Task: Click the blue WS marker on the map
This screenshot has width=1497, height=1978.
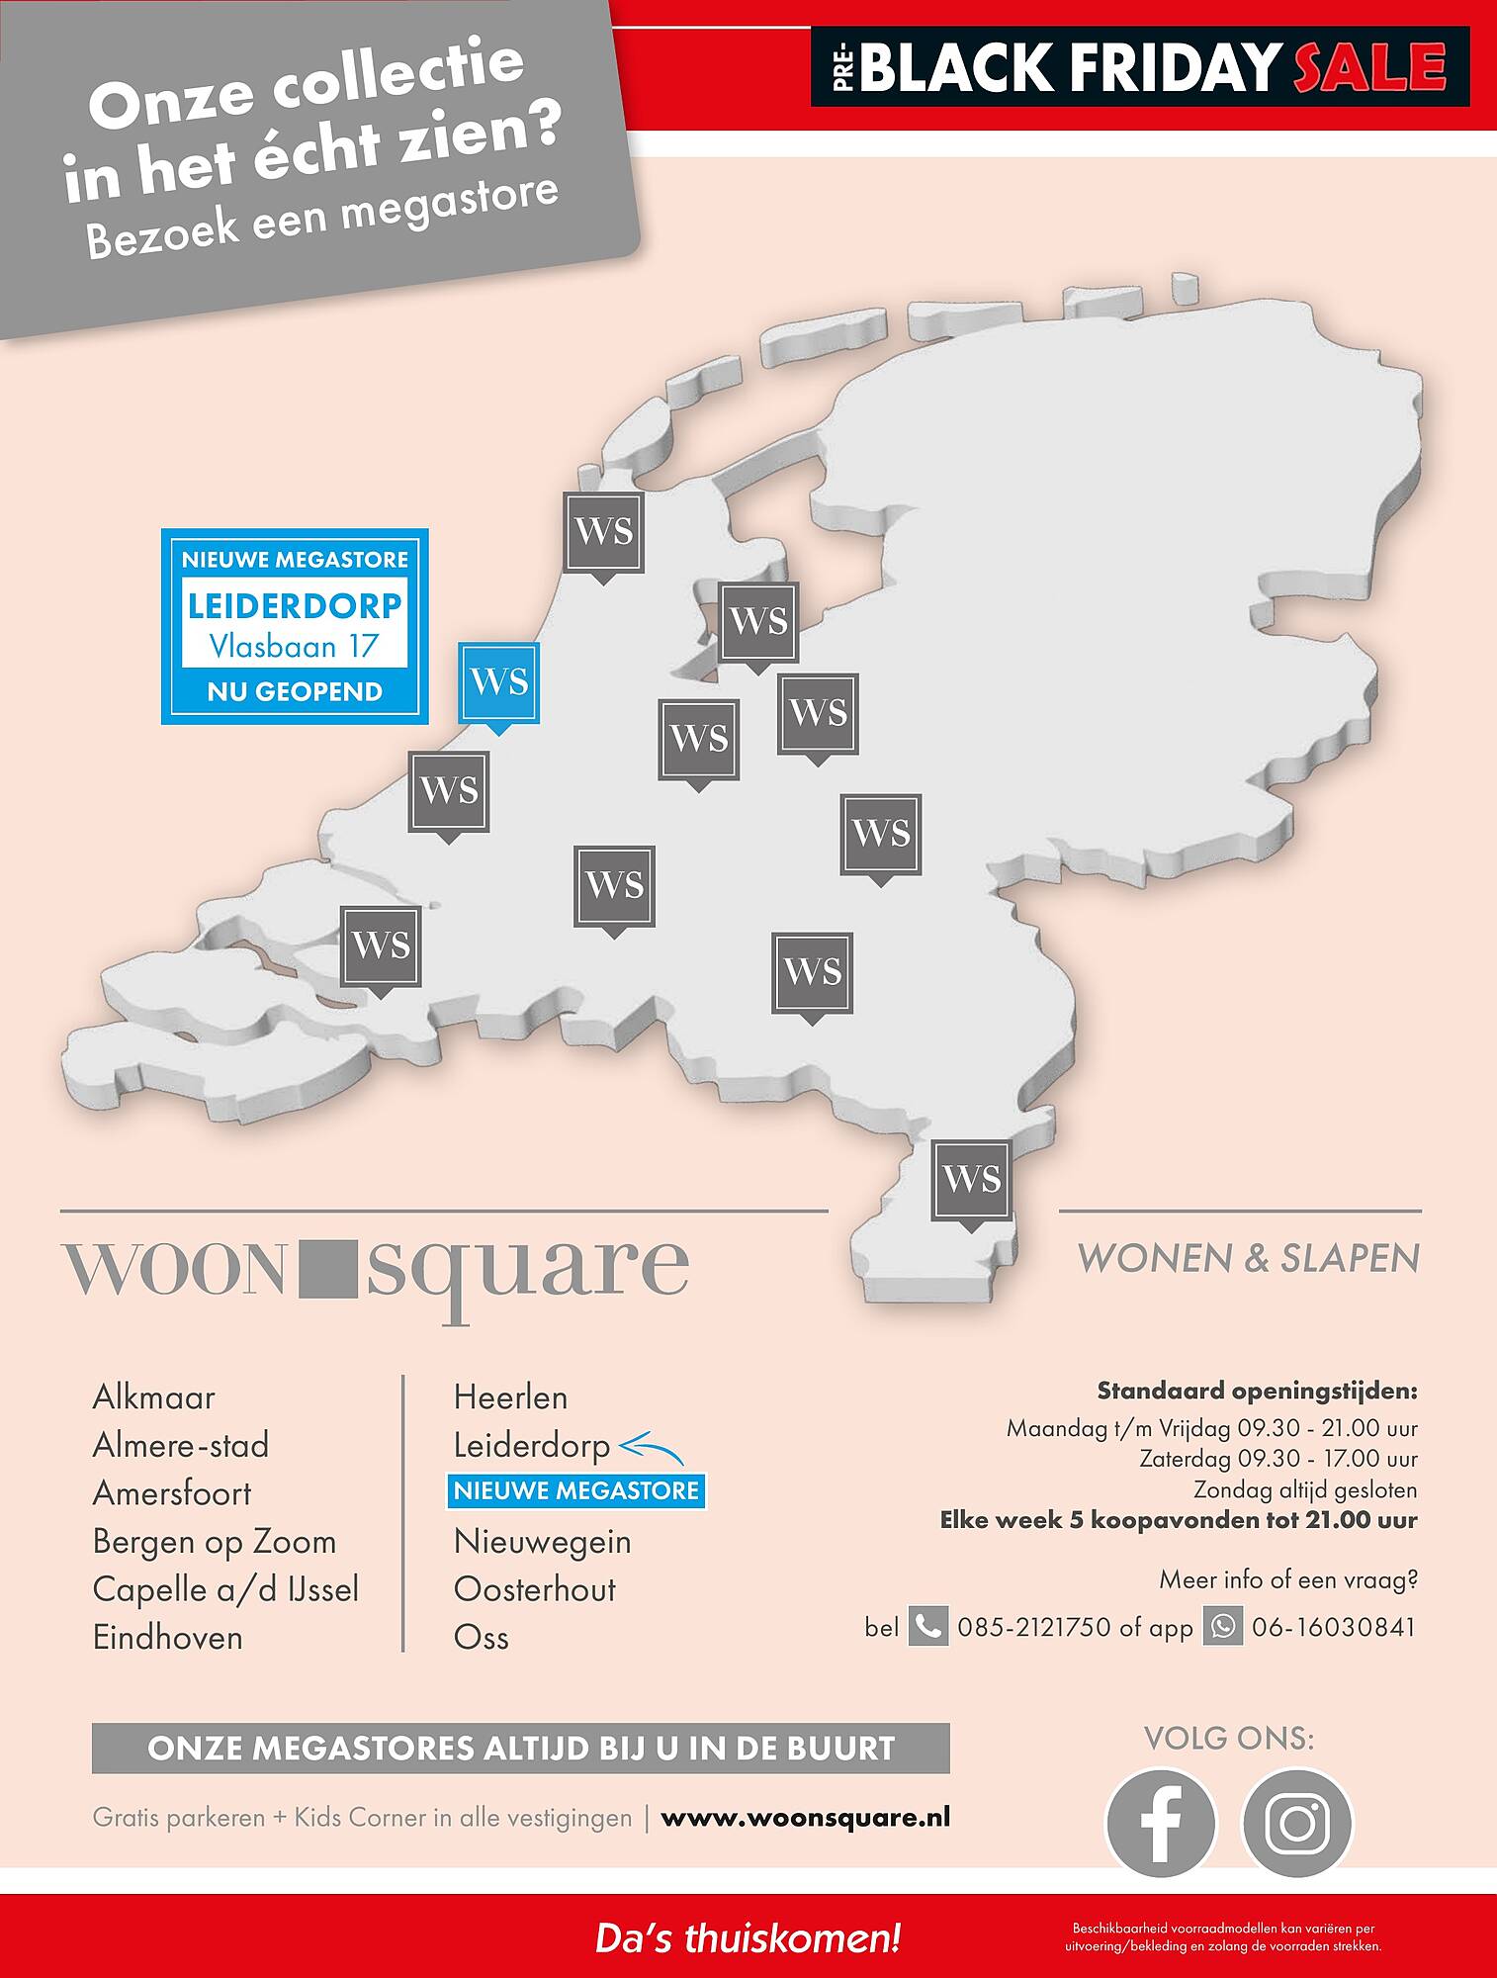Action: click(499, 682)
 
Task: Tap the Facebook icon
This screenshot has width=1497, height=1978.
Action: click(1161, 1823)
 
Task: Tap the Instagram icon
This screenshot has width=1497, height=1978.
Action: click(1296, 1823)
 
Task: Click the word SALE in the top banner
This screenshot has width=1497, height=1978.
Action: click(1369, 67)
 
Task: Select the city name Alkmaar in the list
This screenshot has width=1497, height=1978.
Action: click(153, 1397)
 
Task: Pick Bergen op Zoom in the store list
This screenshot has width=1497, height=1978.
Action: click(214, 1542)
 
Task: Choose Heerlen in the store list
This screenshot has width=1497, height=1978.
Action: click(510, 1397)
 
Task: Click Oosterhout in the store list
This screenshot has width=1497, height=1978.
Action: click(534, 1589)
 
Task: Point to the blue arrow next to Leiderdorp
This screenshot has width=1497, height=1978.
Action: click(651, 1449)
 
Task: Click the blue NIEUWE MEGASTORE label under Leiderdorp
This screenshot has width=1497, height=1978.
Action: click(576, 1490)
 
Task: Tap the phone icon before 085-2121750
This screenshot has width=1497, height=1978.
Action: click(927, 1627)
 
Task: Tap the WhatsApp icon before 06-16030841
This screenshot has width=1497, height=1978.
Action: click(1222, 1627)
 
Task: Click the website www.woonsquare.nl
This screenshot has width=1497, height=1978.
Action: click(805, 1818)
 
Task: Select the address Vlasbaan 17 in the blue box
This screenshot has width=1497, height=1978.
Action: click(295, 646)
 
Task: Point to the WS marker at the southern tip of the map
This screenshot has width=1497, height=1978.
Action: click(972, 1179)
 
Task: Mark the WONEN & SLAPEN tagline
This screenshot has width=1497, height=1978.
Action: click(1248, 1258)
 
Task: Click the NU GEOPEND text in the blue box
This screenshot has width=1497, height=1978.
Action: click(295, 691)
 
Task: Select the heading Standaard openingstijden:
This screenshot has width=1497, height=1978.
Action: click(1257, 1392)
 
